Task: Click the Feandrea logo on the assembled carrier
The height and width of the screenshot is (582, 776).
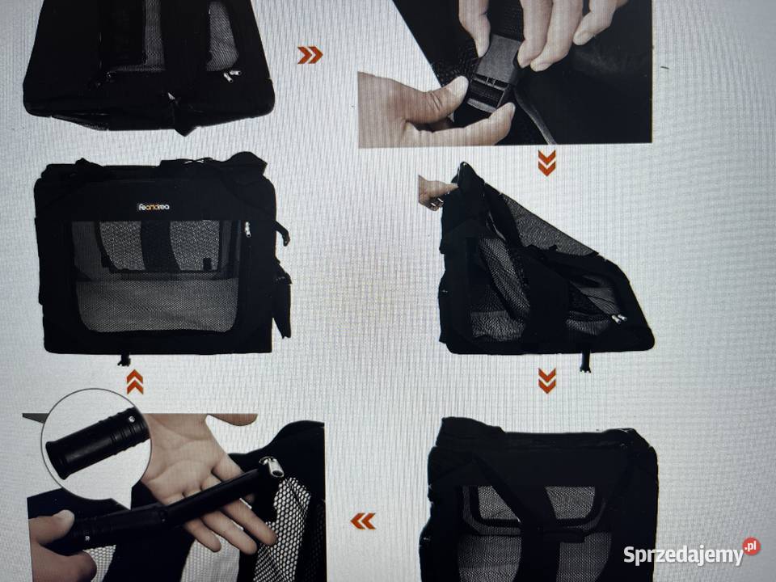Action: [x=154, y=207]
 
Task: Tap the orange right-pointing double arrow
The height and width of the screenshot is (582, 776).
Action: [x=310, y=55]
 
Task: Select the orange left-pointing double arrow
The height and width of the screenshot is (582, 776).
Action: [x=363, y=521]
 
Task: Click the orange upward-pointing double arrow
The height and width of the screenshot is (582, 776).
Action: [x=135, y=382]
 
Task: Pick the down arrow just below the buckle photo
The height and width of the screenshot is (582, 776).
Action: [x=547, y=163]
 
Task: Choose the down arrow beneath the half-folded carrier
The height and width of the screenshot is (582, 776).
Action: [x=547, y=381]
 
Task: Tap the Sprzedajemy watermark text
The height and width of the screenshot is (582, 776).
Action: [x=682, y=555]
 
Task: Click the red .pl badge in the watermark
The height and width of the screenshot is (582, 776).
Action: [x=752, y=547]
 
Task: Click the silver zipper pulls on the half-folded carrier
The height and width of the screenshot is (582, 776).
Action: [x=618, y=318]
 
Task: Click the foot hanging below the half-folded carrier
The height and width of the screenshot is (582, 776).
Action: [x=584, y=363]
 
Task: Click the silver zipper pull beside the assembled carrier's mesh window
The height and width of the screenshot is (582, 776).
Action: [x=247, y=230]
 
